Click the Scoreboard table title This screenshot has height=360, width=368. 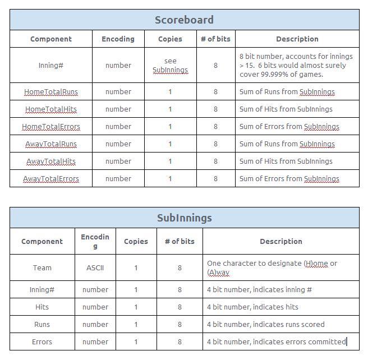184,20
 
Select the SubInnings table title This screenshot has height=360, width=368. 184,218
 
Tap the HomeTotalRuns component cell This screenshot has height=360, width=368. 51,91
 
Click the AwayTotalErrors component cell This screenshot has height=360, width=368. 51,178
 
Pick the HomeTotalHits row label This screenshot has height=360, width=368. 51,109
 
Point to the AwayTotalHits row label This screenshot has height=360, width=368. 51,161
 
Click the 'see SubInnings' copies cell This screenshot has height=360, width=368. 170,65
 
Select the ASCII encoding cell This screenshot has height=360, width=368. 95,267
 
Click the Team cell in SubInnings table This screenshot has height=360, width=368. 42,267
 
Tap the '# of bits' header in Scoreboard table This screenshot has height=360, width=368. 215,39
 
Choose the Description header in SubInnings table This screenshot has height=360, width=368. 280,241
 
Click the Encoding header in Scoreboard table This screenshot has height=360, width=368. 118,39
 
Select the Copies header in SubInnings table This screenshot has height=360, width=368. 136,241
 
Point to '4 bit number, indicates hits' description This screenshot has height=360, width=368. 252,307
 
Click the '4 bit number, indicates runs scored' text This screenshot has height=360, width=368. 265,324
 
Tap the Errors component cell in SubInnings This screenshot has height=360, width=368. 42,341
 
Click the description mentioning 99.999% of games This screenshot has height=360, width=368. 296,65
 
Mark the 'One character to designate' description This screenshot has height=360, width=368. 272,267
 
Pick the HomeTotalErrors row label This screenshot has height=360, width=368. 51,126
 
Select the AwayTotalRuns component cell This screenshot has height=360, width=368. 51,144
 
